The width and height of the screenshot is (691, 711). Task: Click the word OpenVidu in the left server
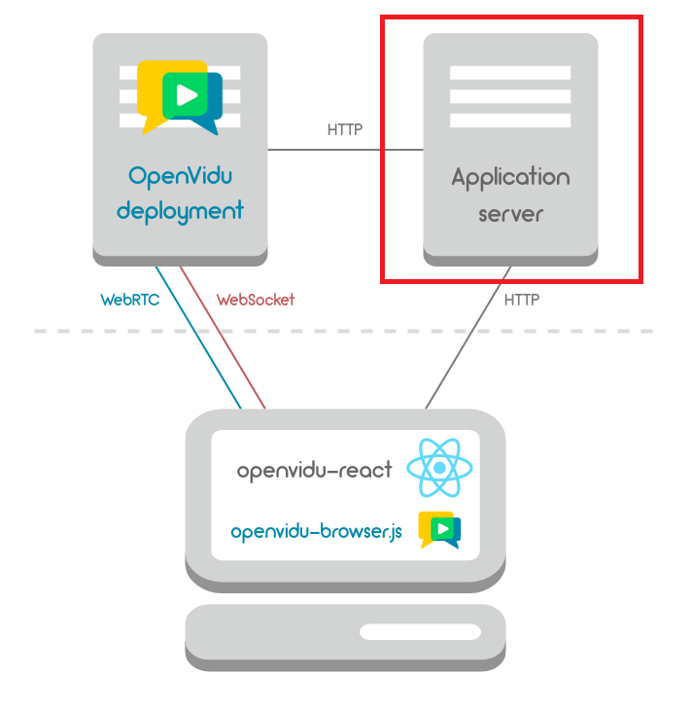pyautogui.click(x=181, y=176)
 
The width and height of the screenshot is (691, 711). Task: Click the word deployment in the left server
pyautogui.click(x=181, y=210)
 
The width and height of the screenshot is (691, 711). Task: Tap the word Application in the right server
pyautogui.click(x=510, y=178)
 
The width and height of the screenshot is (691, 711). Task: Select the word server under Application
pyautogui.click(x=510, y=212)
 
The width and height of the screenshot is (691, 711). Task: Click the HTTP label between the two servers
pyautogui.click(x=344, y=128)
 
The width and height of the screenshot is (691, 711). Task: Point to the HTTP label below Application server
pyautogui.click(x=521, y=300)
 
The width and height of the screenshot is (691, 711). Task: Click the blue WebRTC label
pyautogui.click(x=129, y=300)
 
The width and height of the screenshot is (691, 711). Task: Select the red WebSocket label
pyautogui.click(x=255, y=300)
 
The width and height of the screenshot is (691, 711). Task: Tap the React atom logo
pyautogui.click(x=439, y=468)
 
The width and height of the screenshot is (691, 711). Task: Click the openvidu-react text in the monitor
pyautogui.click(x=314, y=471)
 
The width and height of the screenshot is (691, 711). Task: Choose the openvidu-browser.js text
pyautogui.click(x=316, y=532)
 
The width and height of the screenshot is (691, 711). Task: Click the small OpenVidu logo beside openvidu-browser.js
pyautogui.click(x=439, y=529)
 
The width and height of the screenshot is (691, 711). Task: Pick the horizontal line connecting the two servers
pyautogui.click(x=345, y=150)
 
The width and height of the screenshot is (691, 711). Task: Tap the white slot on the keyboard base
pyautogui.click(x=420, y=632)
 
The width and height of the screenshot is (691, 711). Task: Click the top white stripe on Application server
pyautogui.click(x=510, y=73)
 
